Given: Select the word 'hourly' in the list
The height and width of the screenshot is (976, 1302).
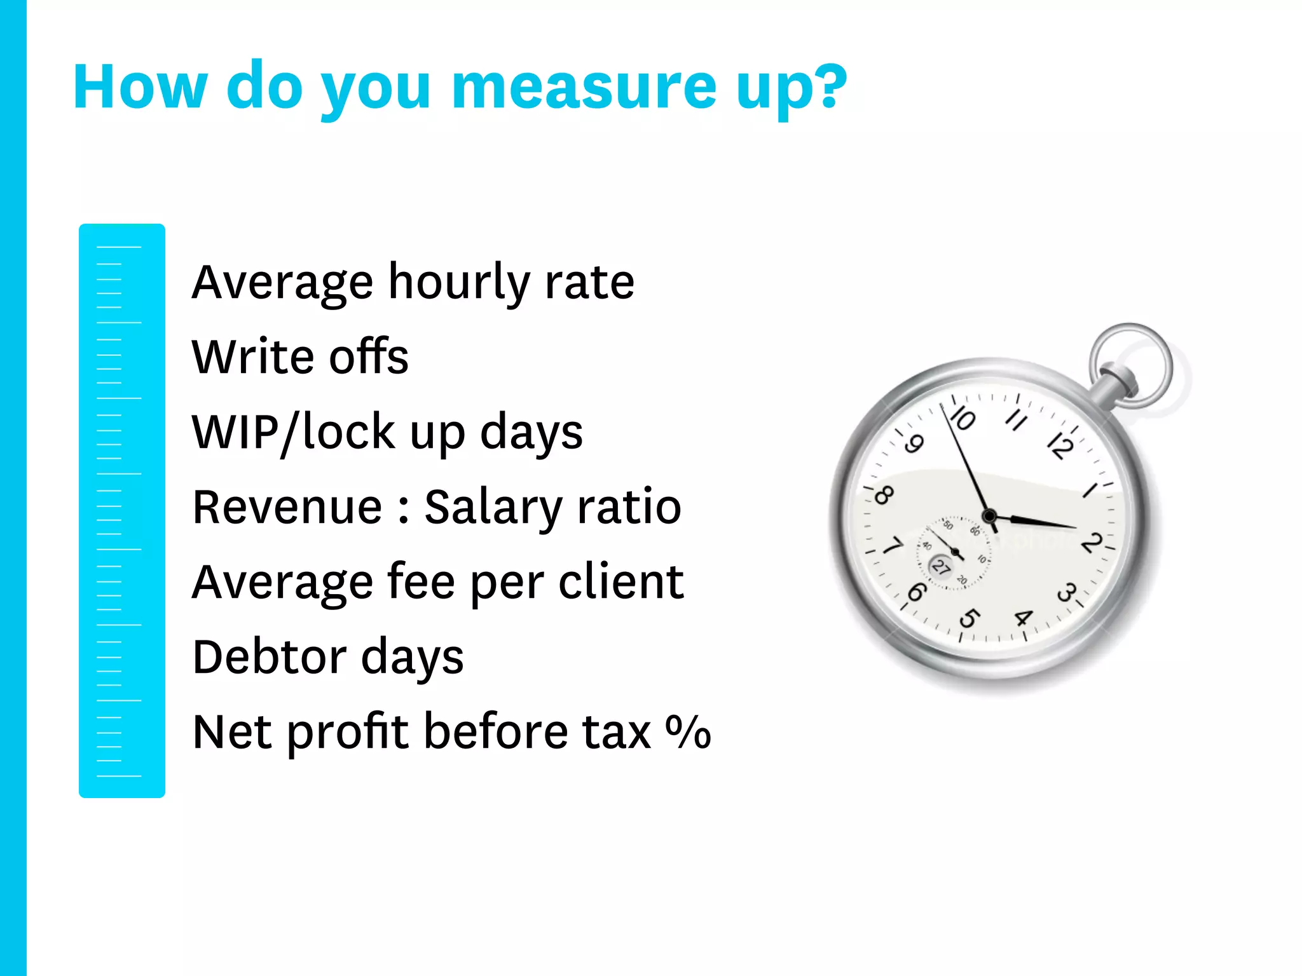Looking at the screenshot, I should (x=458, y=283).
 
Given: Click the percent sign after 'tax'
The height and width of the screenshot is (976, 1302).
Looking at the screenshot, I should (x=688, y=732).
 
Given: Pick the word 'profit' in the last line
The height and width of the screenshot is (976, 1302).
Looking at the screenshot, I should (x=347, y=733).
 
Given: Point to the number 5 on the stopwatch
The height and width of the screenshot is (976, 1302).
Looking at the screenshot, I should (x=970, y=617).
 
